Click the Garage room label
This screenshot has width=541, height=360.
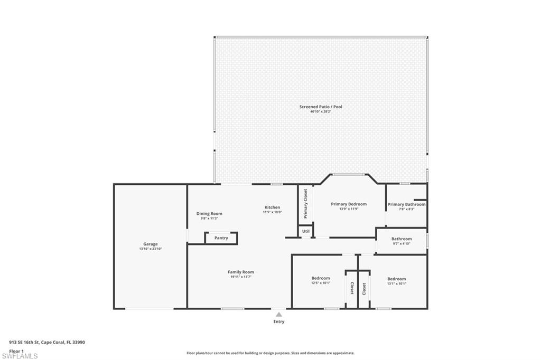click(150, 244)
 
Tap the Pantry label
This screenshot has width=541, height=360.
click(221, 238)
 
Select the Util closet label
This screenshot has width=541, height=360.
click(306, 231)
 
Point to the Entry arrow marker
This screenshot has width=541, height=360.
click(278, 315)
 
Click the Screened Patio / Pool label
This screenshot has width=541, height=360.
click(321, 107)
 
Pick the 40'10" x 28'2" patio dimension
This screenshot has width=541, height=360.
click(321, 112)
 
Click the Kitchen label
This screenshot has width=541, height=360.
click(273, 207)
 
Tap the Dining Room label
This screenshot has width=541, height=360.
click(209, 213)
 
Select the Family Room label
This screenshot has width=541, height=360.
click(241, 272)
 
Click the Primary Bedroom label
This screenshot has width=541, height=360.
click(349, 204)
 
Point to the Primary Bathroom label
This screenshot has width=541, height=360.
click(406, 204)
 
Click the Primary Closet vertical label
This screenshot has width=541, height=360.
click(305, 204)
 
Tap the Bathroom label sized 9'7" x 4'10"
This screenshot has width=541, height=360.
click(402, 239)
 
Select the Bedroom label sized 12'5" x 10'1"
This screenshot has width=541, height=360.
click(321, 278)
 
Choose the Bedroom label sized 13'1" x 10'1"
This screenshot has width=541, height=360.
click(396, 279)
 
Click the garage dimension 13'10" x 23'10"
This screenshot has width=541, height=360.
click(150, 249)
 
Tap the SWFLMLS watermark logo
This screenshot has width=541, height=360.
click(20, 356)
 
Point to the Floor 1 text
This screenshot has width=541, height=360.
click(16, 350)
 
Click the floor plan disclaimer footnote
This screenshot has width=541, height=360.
click(270, 353)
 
